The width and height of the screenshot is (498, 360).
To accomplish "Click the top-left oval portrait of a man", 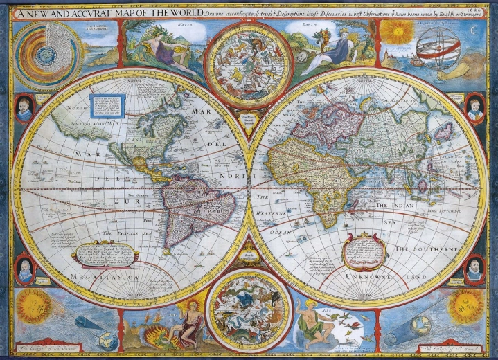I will coord(24,108).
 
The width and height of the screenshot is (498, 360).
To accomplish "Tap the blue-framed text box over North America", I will coord(107,106).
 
